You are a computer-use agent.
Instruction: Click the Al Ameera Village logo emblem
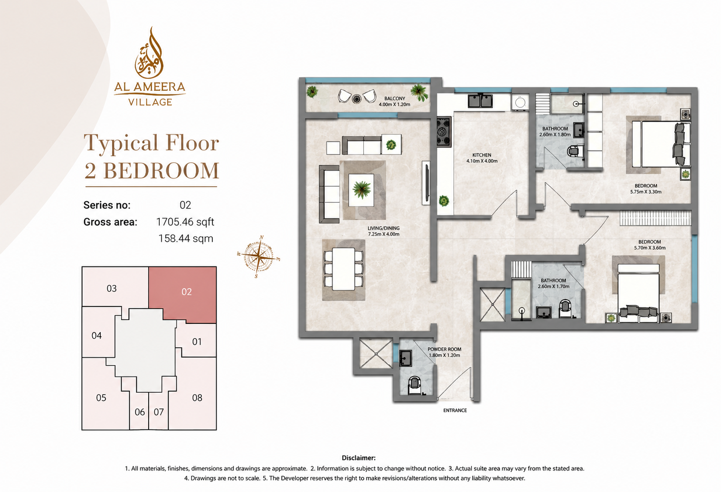149,53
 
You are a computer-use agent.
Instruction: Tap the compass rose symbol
258,257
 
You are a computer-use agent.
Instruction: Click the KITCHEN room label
482,155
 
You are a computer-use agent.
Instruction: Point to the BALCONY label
395,98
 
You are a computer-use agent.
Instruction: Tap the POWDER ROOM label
444,349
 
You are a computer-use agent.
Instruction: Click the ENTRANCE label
455,410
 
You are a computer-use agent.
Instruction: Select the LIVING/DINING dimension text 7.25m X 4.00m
383,234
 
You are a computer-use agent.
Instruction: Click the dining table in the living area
343,269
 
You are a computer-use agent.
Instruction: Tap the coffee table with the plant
361,190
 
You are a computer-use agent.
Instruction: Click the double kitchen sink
480,100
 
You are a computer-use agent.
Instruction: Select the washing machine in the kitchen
520,102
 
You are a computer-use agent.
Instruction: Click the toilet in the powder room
415,386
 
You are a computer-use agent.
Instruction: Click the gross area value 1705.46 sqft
185,222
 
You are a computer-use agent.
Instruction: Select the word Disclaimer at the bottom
359,458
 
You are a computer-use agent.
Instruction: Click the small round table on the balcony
356,99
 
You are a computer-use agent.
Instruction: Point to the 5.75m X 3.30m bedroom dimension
645,192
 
